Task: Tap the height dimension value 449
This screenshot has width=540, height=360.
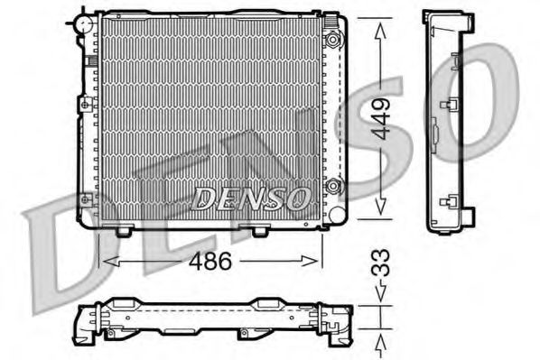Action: [x=383, y=117]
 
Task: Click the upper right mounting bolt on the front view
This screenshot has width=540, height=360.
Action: [x=335, y=40]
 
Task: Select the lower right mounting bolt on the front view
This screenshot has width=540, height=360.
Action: [x=335, y=188]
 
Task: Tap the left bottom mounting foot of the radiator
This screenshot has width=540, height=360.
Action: [x=124, y=231]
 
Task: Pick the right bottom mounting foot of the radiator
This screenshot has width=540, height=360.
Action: [x=259, y=231]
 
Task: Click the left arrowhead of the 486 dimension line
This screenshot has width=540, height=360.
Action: [x=107, y=262]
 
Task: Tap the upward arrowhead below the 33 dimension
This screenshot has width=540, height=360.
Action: [x=382, y=341]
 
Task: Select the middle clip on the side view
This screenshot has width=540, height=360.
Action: [x=445, y=106]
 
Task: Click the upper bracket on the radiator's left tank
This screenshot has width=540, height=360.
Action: [x=86, y=105]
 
